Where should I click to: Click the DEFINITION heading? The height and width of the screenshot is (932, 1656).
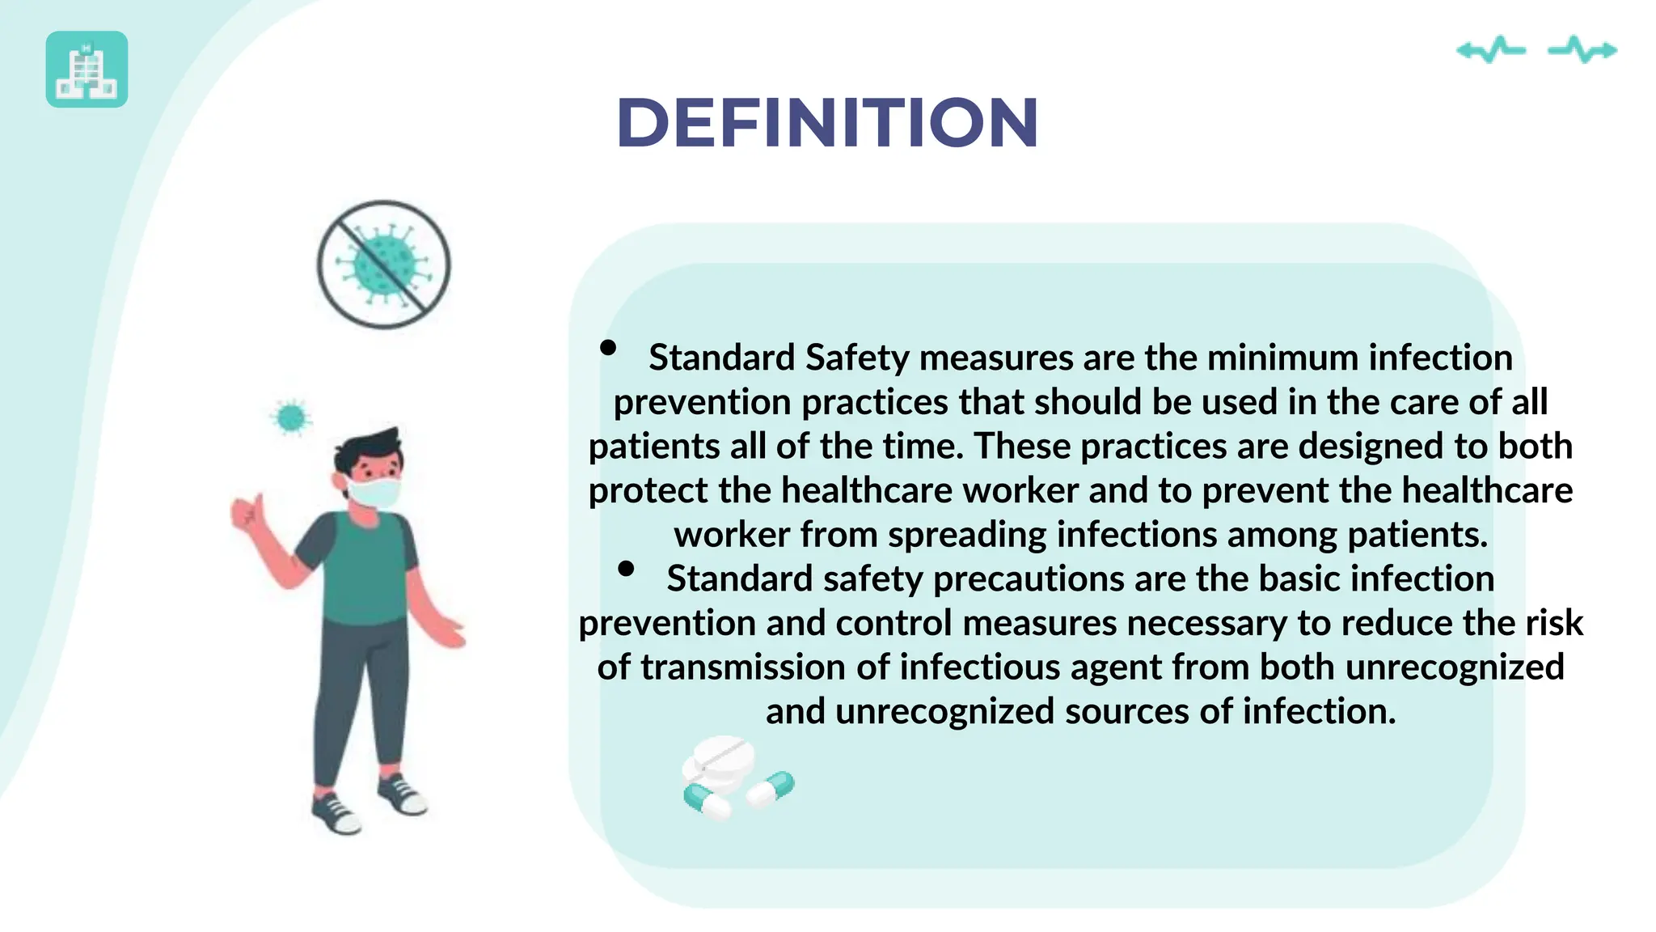click(826, 123)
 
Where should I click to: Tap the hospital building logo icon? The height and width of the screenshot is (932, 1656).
click(87, 70)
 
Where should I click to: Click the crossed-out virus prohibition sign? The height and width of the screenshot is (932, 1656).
click(383, 265)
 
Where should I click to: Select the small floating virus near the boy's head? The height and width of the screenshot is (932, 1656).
click(291, 418)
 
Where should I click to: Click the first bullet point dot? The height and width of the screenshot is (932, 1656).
click(608, 349)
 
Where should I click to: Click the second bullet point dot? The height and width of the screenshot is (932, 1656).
click(625, 569)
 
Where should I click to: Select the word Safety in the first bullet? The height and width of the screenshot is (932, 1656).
click(857, 358)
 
